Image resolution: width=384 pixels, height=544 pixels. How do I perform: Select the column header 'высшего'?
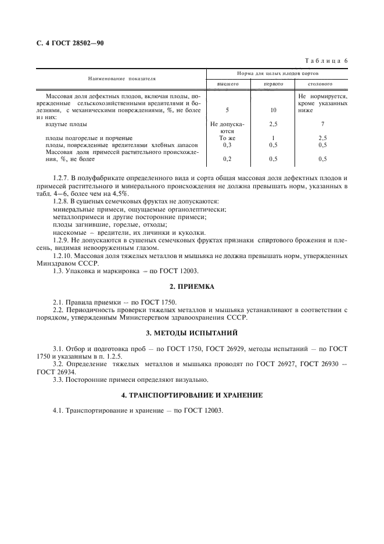pyautogui.click(x=228, y=84)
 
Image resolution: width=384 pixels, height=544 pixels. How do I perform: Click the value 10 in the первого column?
pyautogui.click(x=273, y=109)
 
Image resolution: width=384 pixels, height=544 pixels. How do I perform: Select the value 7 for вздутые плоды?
pyautogui.click(x=322, y=124)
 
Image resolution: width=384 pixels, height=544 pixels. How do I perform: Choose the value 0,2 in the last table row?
pyautogui.click(x=228, y=159)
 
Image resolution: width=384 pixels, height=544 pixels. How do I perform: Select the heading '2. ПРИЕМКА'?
pyautogui.click(x=192, y=287)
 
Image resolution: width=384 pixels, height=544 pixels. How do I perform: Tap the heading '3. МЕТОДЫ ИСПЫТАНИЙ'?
pyautogui.click(x=192, y=333)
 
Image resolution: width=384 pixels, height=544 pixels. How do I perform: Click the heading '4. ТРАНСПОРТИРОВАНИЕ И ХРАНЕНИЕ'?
pyautogui.click(x=192, y=395)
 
